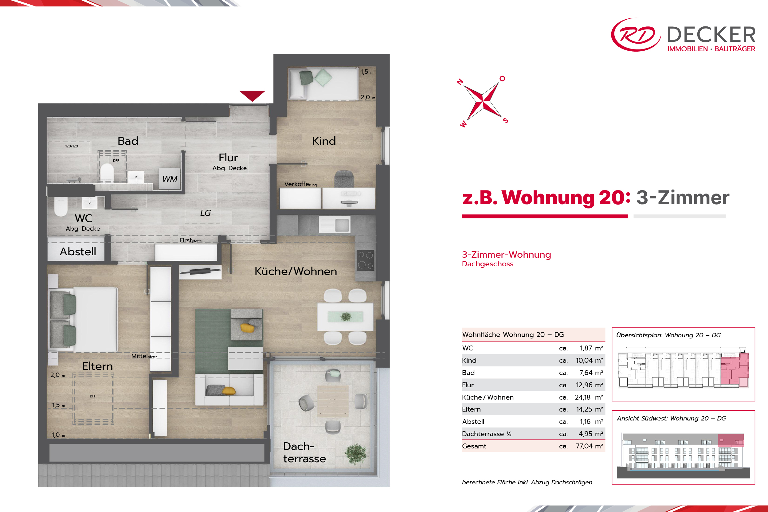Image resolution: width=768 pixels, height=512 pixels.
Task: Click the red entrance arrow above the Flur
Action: [252, 95]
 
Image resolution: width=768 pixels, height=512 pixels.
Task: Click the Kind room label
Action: [323, 141]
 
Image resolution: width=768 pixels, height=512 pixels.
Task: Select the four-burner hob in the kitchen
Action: [365, 260]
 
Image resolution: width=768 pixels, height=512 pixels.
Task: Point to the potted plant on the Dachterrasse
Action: [356, 454]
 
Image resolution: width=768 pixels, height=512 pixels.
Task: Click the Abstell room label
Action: [78, 252]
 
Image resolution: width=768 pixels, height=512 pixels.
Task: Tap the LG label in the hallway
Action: [205, 213]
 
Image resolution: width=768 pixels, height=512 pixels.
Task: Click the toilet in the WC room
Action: [61, 206]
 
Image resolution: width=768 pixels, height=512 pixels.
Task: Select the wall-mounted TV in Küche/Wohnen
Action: [200, 271]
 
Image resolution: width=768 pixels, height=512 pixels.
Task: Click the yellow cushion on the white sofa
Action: [229, 390]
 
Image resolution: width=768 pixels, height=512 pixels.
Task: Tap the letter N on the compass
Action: [460, 82]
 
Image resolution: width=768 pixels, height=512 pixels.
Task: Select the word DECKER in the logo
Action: [711, 35]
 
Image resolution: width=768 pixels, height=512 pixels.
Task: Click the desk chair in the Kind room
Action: [344, 179]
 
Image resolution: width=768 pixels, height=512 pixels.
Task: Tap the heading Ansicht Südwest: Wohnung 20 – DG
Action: [671, 418]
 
